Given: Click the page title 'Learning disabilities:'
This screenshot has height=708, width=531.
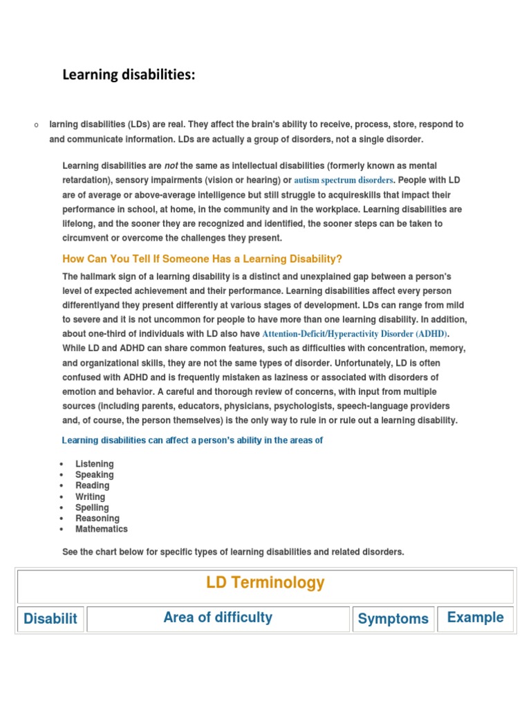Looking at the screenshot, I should pyautogui.click(x=129, y=74).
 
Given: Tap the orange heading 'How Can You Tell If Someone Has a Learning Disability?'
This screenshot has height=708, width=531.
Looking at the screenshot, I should pyautogui.click(x=202, y=259).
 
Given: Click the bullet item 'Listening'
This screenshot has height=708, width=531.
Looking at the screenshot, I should pyautogui.click(x=95, y=464).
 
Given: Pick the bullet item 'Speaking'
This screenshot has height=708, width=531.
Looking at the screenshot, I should pyautogui.click(x=95, y=475).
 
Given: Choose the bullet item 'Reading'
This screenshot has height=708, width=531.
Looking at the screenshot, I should pyautogui.click(x=93, y=485).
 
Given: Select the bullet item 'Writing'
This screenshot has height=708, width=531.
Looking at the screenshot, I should pyautogui.click(x=91, y=496).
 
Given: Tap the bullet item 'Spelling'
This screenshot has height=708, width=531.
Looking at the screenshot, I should pyautogui.click(x=92, y=507).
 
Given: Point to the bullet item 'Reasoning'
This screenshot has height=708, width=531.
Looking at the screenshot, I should pyautogui.click(x=97, y=518).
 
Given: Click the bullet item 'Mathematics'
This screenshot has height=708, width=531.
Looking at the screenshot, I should pyautogui.click(x=102, y=529).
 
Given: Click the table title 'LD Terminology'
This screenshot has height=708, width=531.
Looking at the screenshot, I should pyautogui.click(x=265, y=583).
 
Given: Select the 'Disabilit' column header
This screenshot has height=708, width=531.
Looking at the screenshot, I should pyautogui.click(x=50, y=619).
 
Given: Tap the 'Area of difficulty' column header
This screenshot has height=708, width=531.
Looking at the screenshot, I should pyautogui.click(x=218, y=617).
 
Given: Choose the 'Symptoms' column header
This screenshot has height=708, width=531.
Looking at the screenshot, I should pyautogui.click(x=393, y=619).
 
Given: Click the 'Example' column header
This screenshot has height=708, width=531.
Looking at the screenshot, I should pyautogui.click(x=475, y=617).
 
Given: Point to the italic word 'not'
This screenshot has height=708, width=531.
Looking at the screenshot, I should pyautogui.click(x=171, y=166).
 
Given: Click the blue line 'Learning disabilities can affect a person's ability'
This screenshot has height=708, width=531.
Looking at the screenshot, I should pyautogui.click(x=192, y=440).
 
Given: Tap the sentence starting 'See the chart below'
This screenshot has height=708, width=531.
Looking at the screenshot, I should pyautogui.click(x=233, y=552).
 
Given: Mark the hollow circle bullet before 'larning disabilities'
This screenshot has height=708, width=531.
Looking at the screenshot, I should pyautogui.click(x=35, y=125).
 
